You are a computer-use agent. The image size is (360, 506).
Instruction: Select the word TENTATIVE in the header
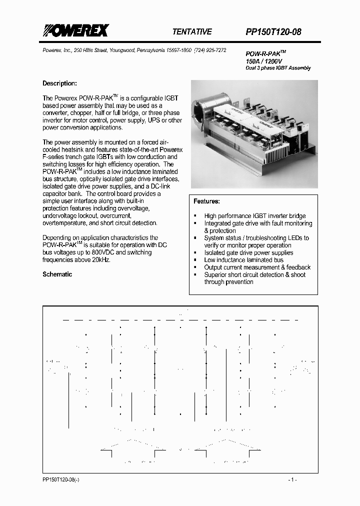(x=192, y=31)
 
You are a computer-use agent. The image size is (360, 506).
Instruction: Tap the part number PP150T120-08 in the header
(x=273, y=32)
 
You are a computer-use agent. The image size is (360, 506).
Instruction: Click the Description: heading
(x=59, y=83)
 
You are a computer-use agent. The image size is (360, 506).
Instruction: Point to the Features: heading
(x=206, y=201)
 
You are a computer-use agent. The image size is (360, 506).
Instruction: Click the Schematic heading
(x=57, y=274)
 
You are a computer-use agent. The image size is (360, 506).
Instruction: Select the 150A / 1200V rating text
(x=264, y=61)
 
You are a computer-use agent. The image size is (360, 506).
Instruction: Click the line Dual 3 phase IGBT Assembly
(x=278, y=68)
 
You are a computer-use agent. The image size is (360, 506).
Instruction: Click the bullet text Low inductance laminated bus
(x=243, y=260)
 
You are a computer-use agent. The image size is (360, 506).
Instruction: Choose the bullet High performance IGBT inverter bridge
(x=254, y=216)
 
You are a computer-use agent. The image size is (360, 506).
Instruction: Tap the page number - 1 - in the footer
(x=293, y=479)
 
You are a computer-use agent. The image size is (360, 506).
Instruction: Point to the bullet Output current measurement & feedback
(x=257, y=267)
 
